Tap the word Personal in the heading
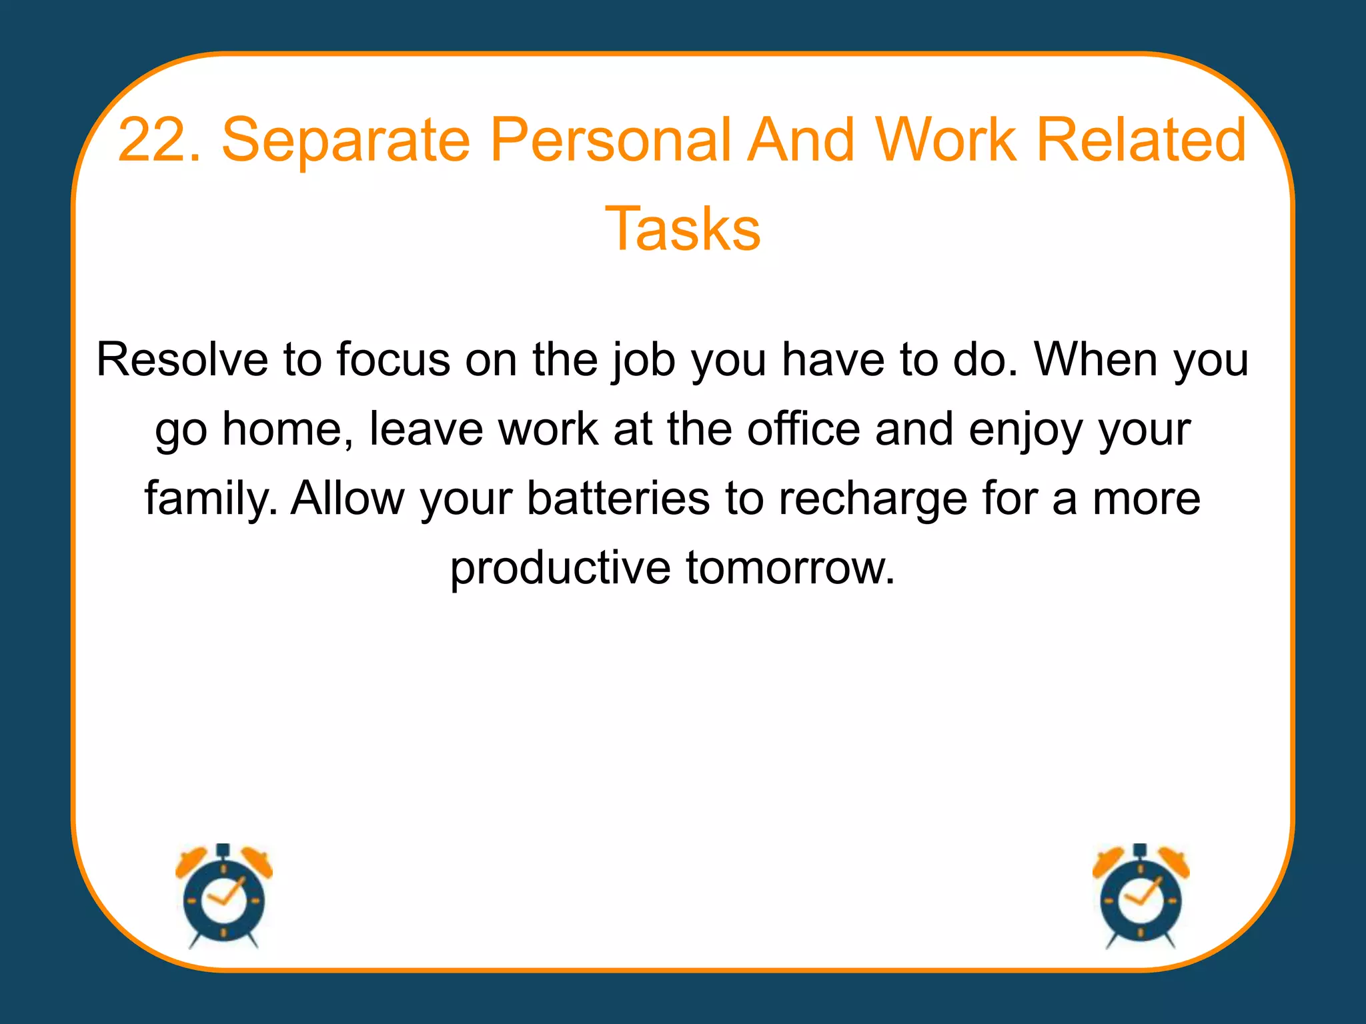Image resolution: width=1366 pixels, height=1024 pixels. click(610, 140)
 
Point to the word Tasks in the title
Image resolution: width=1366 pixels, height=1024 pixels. click(682, 229)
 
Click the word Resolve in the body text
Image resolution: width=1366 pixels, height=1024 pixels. click(182, 360)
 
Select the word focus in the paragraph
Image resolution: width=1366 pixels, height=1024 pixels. click(393, 360)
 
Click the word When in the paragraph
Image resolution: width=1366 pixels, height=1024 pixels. click(1095, 360)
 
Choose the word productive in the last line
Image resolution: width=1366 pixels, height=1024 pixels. click(560, 569)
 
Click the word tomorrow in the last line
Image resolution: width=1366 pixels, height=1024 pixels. click(790, 569)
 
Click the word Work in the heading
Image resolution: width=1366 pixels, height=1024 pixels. click(946, 140)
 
